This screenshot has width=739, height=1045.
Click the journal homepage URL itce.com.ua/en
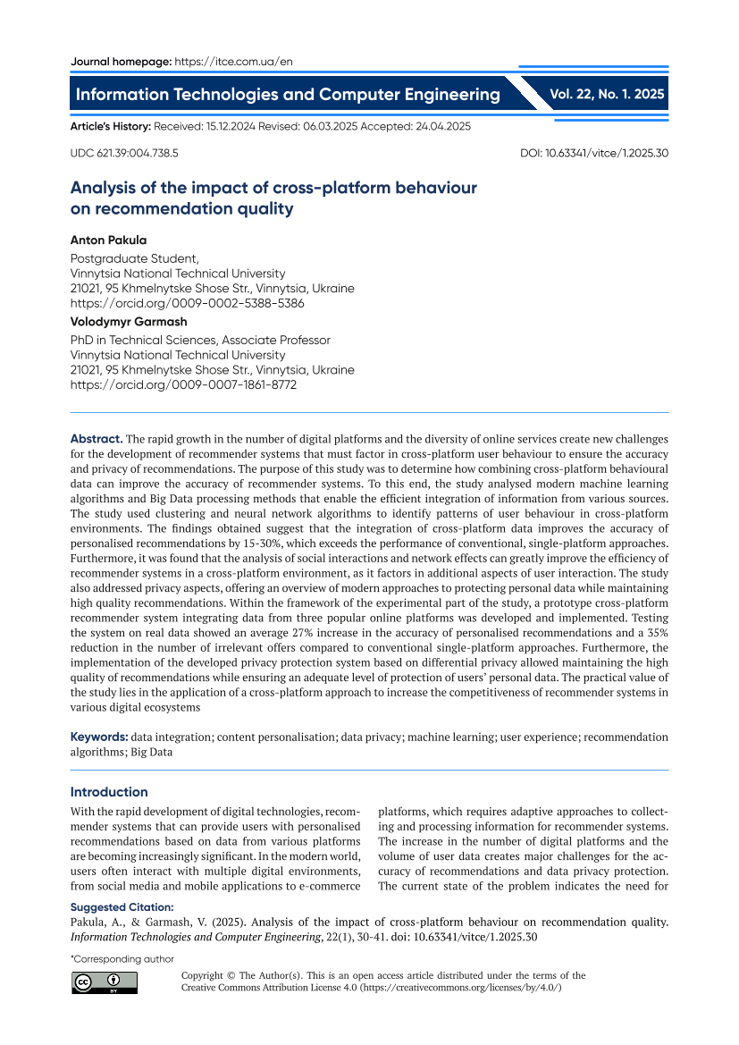click(234, 62)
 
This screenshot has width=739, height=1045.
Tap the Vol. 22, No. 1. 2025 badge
click(607, 94)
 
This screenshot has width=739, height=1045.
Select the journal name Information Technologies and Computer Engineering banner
click(288, 95)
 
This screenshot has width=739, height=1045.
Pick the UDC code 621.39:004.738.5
click(124, 153)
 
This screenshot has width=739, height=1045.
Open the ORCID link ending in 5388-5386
click(187, 303)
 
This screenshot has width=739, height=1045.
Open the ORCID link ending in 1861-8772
click(183, 384)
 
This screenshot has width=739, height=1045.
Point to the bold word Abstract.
click(97, 439)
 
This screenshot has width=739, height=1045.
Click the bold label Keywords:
click(99, 737)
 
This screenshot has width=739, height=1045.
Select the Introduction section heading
click(109, 792)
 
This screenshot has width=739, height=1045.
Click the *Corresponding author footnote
click(122, 959)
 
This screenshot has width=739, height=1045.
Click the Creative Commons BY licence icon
click(105, 982)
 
